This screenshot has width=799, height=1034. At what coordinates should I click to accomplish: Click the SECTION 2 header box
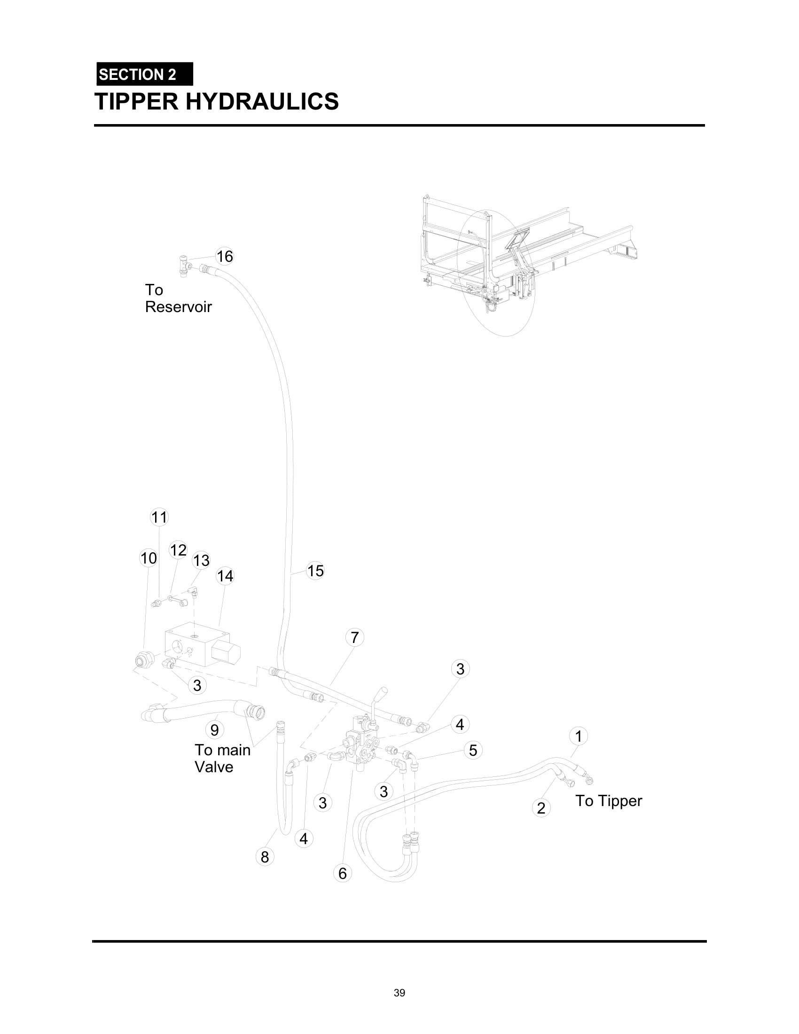click(x=144, y=74)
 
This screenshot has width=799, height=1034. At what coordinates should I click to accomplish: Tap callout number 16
click(x=224, y=256)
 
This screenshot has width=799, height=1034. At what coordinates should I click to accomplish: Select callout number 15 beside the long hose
click(x=315, y=571)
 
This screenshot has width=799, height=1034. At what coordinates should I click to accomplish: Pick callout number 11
click(x=159, y=517)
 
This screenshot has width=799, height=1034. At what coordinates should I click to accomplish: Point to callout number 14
click(x=225, y=576)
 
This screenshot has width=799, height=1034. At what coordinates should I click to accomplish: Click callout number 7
click(x=354, y=638)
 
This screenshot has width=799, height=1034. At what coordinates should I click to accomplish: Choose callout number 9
click(x=214, y=729)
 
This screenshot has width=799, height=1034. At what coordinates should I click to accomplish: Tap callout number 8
click(x=265, y=856)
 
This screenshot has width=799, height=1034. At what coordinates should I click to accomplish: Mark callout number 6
click(x=342, y=873)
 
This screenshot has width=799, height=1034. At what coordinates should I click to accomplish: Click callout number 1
click(x=578, y=736)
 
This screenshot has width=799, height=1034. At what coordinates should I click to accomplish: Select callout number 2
click(x=541, y=807)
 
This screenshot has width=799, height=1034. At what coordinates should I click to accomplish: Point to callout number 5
click(x=473, y=750)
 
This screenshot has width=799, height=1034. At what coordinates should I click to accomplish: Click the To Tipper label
click(x=608, y=800)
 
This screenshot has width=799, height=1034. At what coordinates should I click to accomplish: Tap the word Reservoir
click(x=178, y=307)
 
